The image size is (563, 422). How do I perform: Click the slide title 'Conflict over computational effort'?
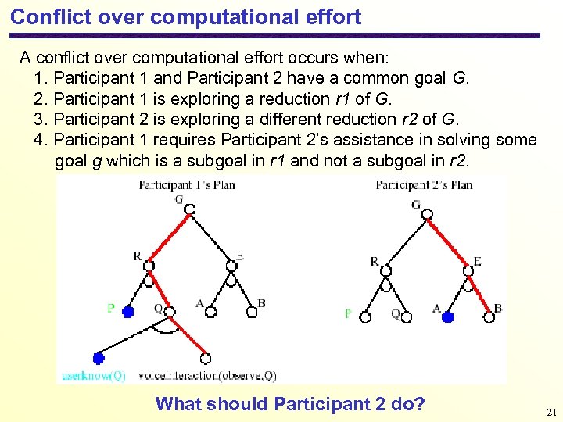(x=185, y=16)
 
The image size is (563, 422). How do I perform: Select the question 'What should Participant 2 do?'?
(x=290, y=404)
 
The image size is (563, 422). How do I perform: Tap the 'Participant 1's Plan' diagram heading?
(x=187, y=185)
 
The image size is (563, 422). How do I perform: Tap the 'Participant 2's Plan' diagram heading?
(x=424, y=185)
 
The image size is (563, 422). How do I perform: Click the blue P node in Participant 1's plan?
(x=128, y=311)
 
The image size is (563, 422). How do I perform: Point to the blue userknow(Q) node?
(x=99, y=359)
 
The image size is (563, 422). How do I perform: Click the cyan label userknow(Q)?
(x=94, y=376)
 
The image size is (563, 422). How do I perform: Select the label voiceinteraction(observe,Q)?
(x=207, y=376)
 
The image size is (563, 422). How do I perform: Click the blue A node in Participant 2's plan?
(x=447, y=317)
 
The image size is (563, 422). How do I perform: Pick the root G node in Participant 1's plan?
(x=188, y=212)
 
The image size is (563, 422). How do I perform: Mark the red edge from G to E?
(x=448, y=242)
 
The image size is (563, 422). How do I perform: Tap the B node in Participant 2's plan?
(x=489, y=316)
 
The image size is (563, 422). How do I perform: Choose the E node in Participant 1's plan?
(x=231, y=266)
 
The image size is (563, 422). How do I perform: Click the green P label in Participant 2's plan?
(x=348, y=313)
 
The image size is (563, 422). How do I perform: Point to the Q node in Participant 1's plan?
(x=170, y=311)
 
